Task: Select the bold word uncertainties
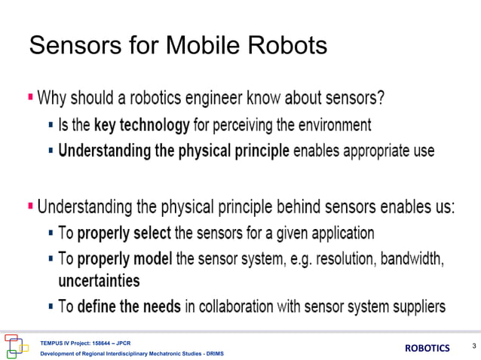point(99,281)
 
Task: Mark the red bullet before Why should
point(30,97)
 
